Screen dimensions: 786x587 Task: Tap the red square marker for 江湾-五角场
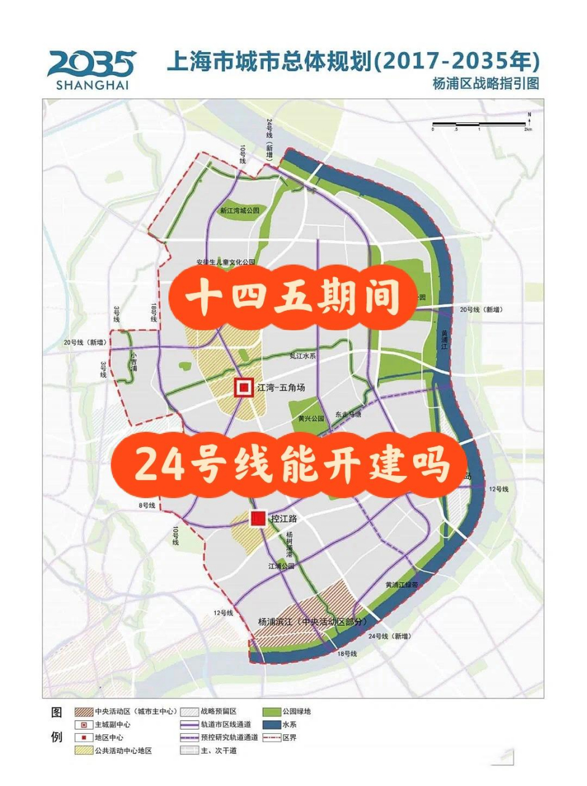(244, 387)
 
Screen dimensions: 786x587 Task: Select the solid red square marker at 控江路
(258, 519)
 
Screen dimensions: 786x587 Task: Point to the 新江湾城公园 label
(240, 210)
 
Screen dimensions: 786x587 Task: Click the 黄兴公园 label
(311, 419)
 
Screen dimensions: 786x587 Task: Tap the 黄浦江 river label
(445, 340)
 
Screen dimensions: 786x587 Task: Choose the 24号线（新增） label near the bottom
(388, 636)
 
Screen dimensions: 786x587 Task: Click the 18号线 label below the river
(347, 654)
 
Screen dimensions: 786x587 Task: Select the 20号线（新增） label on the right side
(481, 309)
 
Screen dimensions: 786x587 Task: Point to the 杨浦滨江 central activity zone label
(312, 622)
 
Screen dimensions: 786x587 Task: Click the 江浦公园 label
(281, 566)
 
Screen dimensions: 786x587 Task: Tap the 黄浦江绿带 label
(402, 585)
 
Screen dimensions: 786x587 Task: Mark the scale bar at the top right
(479, 125)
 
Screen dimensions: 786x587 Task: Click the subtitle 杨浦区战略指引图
(486, 84)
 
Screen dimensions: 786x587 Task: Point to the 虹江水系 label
(303, 356)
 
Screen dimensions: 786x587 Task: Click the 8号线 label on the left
(148, 505)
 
